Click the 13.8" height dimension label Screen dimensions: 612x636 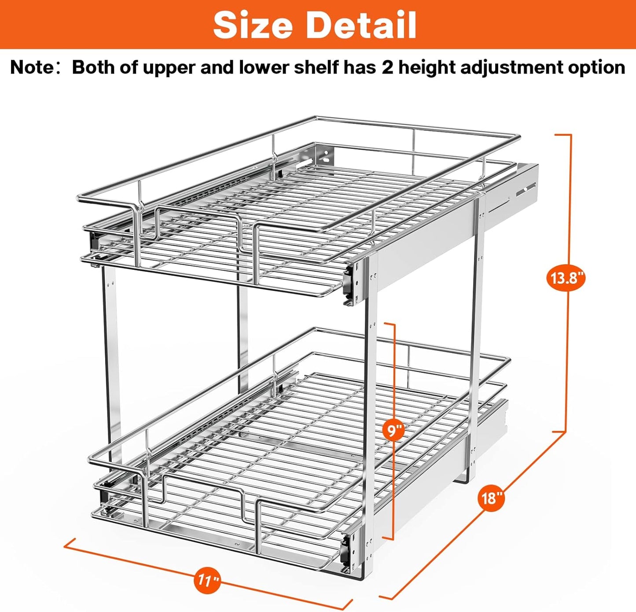click(566, 278)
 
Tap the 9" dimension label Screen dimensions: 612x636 click(393, 430)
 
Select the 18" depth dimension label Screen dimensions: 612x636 click(491, 498)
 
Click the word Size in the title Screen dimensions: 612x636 click(253, 25)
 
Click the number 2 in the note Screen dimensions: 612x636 click(387, 68)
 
